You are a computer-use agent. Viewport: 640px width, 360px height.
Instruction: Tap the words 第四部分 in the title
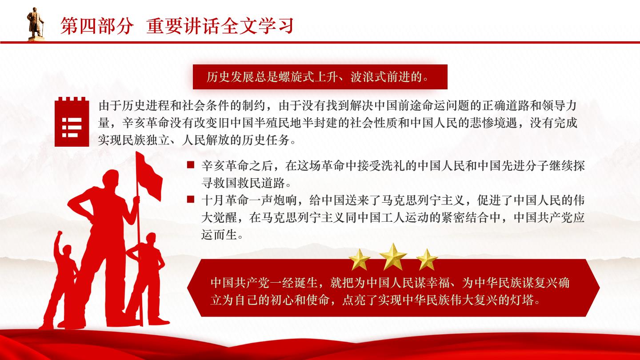(97, 26)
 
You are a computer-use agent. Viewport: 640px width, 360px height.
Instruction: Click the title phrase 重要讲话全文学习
(220, 26)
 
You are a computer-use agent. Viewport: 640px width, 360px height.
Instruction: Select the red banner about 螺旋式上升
(320, 77)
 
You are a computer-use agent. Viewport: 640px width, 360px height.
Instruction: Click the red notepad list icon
(72, 122)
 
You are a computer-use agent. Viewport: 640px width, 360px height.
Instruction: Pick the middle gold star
(393, 256)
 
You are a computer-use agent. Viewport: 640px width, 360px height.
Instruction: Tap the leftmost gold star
(360, 260)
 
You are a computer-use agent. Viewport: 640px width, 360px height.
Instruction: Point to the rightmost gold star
(427, 260)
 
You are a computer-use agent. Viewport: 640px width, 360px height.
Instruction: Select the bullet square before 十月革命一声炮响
(191, 199)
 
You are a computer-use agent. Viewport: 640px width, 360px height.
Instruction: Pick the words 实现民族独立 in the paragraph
(134, 140)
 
